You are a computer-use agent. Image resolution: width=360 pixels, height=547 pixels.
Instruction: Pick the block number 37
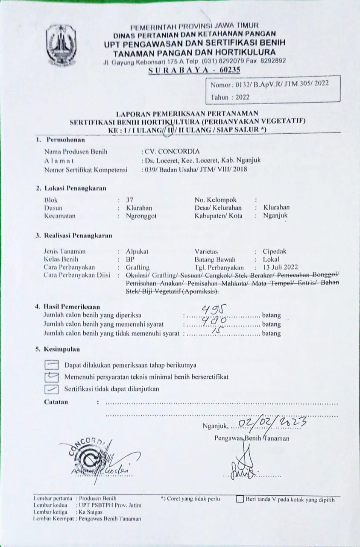(130, 200)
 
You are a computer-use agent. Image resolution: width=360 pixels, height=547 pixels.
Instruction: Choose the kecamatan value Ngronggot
(141, 216)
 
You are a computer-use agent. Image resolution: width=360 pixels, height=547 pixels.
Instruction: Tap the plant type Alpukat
(137, 252)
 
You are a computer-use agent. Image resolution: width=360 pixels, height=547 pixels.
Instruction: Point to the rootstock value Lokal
(272, 259)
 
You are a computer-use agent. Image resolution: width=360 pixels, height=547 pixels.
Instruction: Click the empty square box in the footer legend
(240, 499)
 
